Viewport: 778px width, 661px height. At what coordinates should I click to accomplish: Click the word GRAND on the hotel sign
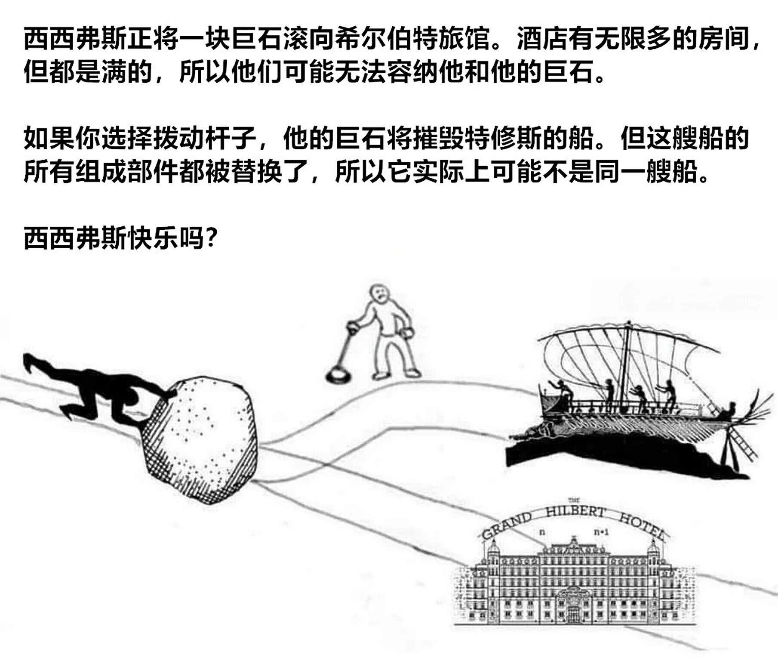coord(507,525)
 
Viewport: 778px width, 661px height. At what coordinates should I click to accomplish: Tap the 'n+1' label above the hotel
coord(601,532)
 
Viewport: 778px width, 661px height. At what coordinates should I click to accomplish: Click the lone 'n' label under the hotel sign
coord(542,532)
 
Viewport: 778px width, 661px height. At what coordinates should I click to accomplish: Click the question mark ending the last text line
coord(210,238)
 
